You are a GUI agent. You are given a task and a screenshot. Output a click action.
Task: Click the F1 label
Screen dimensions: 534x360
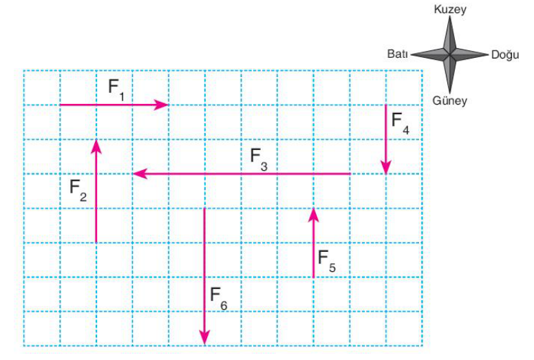click(x=116, y=90)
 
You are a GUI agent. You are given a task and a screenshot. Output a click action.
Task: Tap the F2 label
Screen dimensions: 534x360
click(x=78, y=190)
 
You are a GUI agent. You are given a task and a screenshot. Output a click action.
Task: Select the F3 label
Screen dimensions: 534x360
click(x=259, y=160)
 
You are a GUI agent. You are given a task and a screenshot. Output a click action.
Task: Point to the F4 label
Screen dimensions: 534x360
click(x=400, y=123)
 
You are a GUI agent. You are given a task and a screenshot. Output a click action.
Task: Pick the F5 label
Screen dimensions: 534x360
click(x=327, y=261)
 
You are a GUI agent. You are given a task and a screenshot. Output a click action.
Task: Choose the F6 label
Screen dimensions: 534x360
click(x=219, y=299)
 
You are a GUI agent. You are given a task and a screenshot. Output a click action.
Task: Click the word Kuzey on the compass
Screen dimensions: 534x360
click(x=450, y=9)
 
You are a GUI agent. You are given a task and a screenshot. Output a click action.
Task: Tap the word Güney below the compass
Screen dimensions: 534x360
click(x=449, y=100)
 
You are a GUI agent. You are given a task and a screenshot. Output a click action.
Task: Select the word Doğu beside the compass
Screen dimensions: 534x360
click(x=505, y=54)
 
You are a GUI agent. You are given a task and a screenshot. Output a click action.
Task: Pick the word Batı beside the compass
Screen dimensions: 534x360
click(x=398, y=54)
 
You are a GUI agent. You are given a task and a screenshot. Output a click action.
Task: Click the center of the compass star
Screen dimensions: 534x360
click(x=449, y=54)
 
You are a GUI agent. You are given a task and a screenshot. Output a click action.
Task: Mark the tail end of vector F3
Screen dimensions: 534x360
click(x=350, y=173)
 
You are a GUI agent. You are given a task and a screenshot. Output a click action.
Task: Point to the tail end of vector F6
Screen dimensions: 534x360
click(x=204, y=208)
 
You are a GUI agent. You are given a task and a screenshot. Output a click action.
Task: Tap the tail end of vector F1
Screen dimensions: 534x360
click(x=61, y=105)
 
